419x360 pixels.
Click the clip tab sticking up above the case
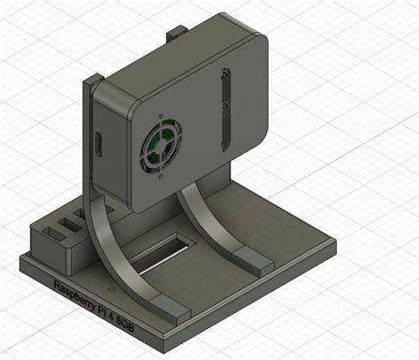click(x=174, y=34)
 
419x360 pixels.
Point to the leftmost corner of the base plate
click(x=19, y=257)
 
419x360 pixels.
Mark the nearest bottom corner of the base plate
click(x=164, y=347)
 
